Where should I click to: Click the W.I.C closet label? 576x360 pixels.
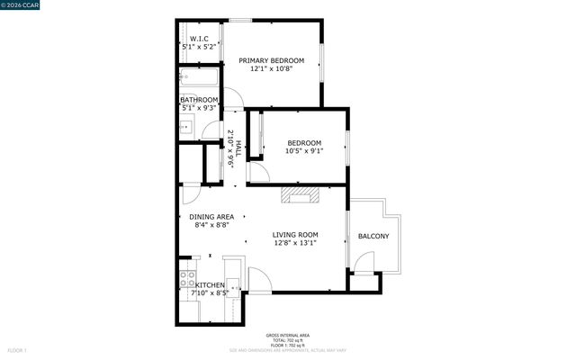point(199,39)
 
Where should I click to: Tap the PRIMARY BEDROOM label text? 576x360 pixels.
point(271,61)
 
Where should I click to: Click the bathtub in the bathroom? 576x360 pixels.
point(199,78)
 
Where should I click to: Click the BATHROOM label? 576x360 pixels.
point(198,100)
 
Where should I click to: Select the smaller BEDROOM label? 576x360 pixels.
point(304,143)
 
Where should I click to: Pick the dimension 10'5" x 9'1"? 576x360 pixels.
point(304,151)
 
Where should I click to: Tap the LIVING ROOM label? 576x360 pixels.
point(295,235)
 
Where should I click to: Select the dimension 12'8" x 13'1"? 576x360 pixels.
point(295,243)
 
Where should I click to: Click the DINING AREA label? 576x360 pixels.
point(211,217)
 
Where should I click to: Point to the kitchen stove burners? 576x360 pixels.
point(187,277)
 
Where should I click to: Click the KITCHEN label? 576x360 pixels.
point(204,285)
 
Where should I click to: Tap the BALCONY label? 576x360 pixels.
point(373,237)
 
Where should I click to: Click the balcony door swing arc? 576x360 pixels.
point(364,261)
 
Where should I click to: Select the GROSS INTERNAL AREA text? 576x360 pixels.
point(287,333)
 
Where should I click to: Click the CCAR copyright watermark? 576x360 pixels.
point(28,6)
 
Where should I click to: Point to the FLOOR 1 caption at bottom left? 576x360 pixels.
point(17,349)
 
